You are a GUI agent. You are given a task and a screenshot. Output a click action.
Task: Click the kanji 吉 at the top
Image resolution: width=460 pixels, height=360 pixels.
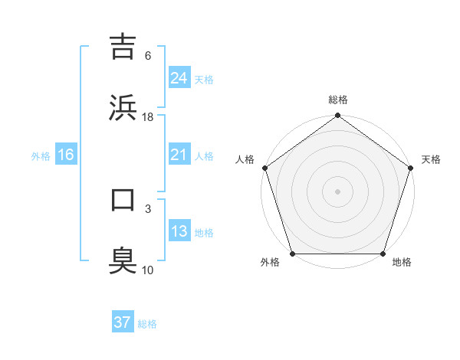point(123,47)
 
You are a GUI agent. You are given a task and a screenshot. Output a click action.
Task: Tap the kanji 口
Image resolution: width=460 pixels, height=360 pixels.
point(123,200)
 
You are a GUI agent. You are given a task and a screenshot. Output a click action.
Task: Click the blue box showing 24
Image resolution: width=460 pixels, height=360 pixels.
point(179,78)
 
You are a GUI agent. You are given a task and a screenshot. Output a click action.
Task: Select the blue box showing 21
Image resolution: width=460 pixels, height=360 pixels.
point(179,155)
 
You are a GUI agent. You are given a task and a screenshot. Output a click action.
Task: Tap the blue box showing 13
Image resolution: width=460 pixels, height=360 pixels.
point(179,231)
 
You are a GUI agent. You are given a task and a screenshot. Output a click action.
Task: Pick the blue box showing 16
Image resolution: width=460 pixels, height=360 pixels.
point(65,155)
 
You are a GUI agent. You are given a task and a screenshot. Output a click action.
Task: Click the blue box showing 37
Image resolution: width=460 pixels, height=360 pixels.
point(122,322)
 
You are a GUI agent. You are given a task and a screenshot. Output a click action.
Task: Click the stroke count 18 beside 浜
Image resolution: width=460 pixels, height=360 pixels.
point(148,116)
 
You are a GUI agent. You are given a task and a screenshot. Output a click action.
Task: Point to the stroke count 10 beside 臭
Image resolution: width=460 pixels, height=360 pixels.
point(148,270)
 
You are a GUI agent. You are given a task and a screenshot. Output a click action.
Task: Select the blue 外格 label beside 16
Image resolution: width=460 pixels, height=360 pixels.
point(41,155)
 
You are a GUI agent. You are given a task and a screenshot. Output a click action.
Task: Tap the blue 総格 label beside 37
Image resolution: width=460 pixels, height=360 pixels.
point(147,324)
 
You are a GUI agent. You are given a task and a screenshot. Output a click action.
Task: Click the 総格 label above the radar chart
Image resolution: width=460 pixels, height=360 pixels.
point(338,100)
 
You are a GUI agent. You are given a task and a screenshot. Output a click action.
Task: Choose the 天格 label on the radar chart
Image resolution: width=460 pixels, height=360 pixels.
point(431,159)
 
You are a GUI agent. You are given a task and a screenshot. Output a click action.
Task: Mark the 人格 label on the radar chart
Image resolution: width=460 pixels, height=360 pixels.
point(245,159)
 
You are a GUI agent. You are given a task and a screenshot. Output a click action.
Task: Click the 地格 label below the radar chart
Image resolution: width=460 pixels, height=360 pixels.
point(402,263)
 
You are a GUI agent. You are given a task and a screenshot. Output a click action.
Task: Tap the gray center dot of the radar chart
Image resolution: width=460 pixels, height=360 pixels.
point(338,191)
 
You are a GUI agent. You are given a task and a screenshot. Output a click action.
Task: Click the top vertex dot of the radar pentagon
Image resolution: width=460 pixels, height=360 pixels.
point(338,116)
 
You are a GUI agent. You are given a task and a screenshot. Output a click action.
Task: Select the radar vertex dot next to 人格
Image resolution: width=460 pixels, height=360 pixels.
point(264,168)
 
